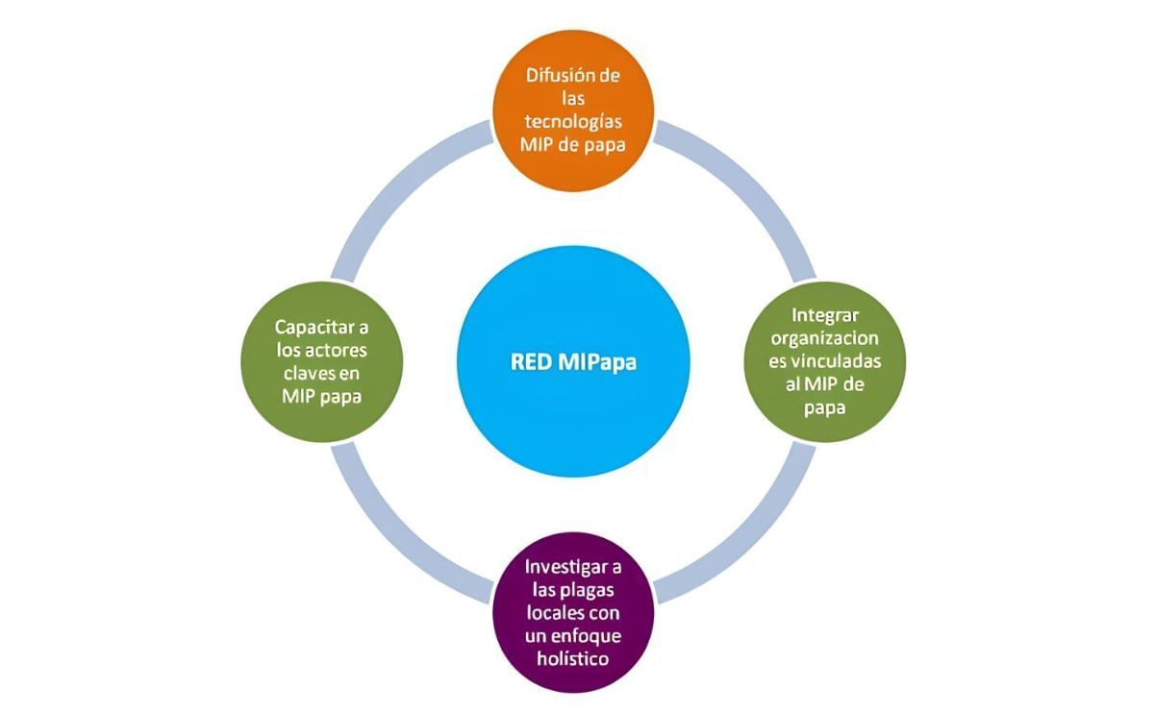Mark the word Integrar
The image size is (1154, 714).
[828, 315]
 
